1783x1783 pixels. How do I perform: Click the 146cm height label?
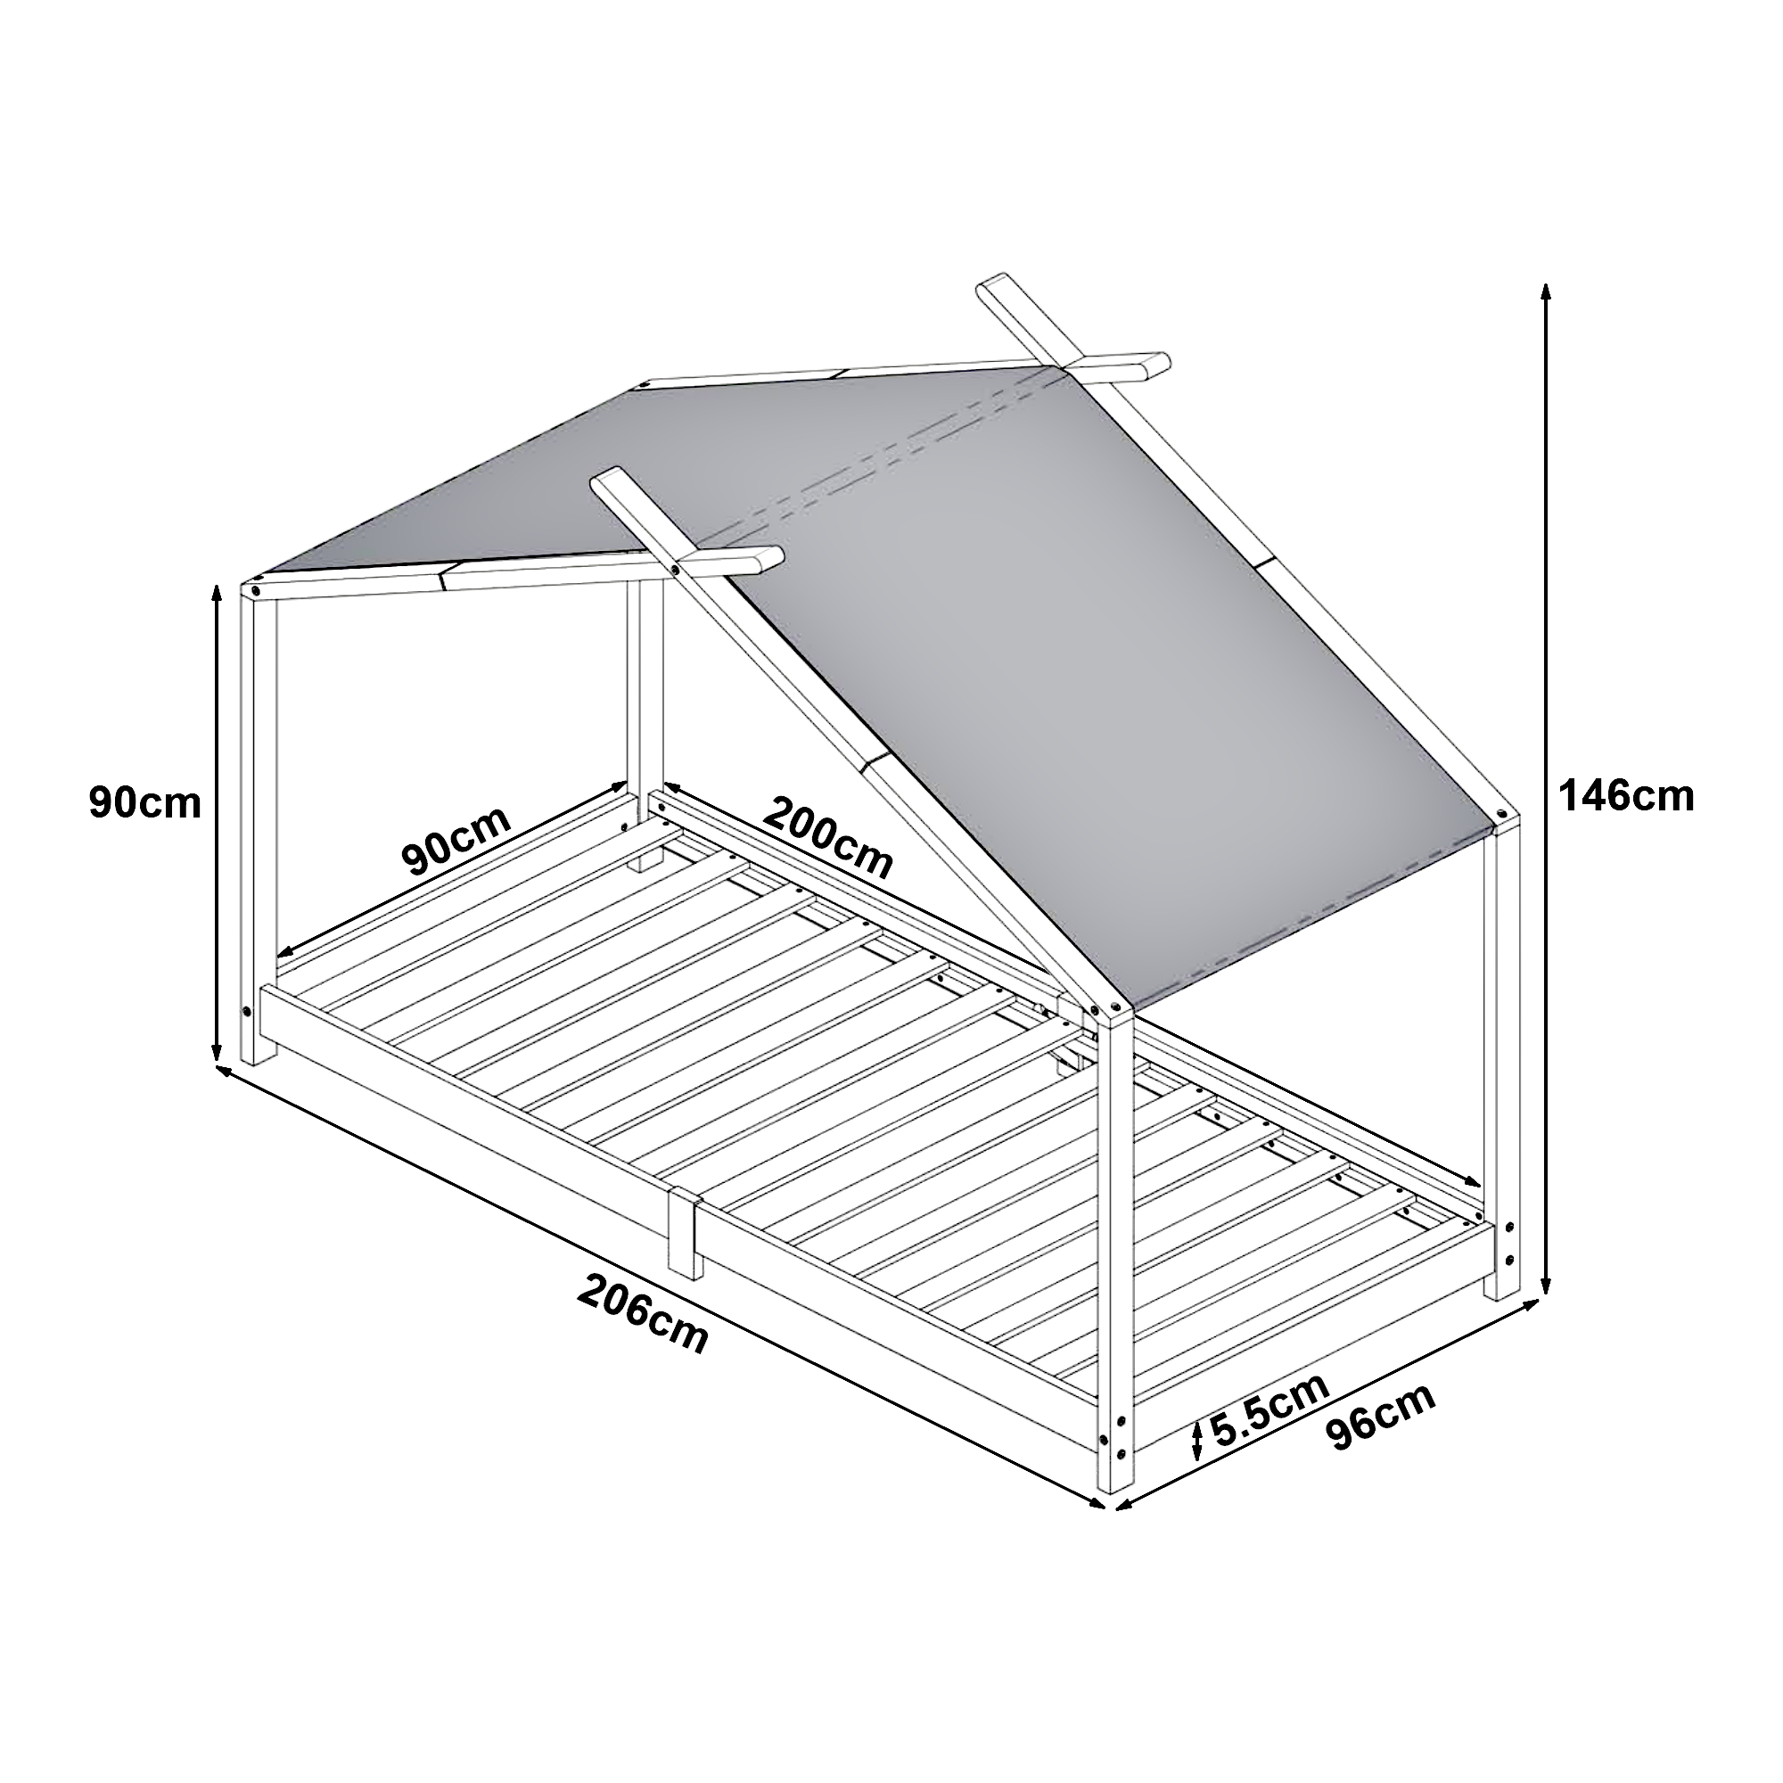tap(1626, 796)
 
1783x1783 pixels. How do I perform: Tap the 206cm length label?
tap(644, 1311)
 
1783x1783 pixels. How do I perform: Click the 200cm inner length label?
tap(828, 839)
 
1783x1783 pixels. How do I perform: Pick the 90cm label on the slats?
tap(456, 842)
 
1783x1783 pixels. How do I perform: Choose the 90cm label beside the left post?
tap(145, 803)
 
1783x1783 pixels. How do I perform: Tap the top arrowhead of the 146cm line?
tap(1547, 293)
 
